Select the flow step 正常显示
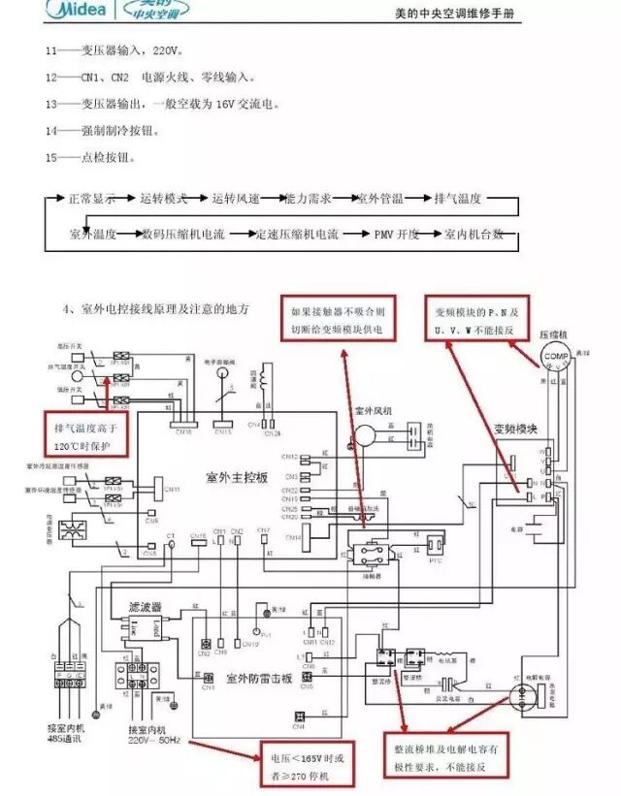click(x=91, y=198)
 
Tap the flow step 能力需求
click(x=308, y=198)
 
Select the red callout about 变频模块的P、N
click(x=479, y=321)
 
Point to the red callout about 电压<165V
click(x=307, y=763)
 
